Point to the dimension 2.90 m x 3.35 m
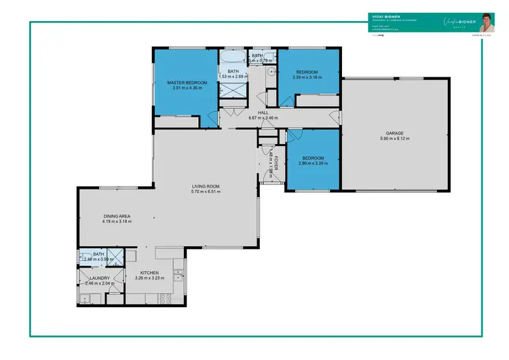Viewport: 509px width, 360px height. coord(313,163)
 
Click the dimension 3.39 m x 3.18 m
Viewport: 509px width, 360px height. coord(307,77)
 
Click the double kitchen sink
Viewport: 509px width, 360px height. coord(178,274)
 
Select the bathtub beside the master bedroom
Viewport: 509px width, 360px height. coord(233,57)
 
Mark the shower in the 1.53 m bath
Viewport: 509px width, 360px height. coord(233,91)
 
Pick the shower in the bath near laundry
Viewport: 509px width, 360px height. coord(116,257)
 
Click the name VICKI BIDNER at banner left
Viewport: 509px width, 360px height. coord(383,15)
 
